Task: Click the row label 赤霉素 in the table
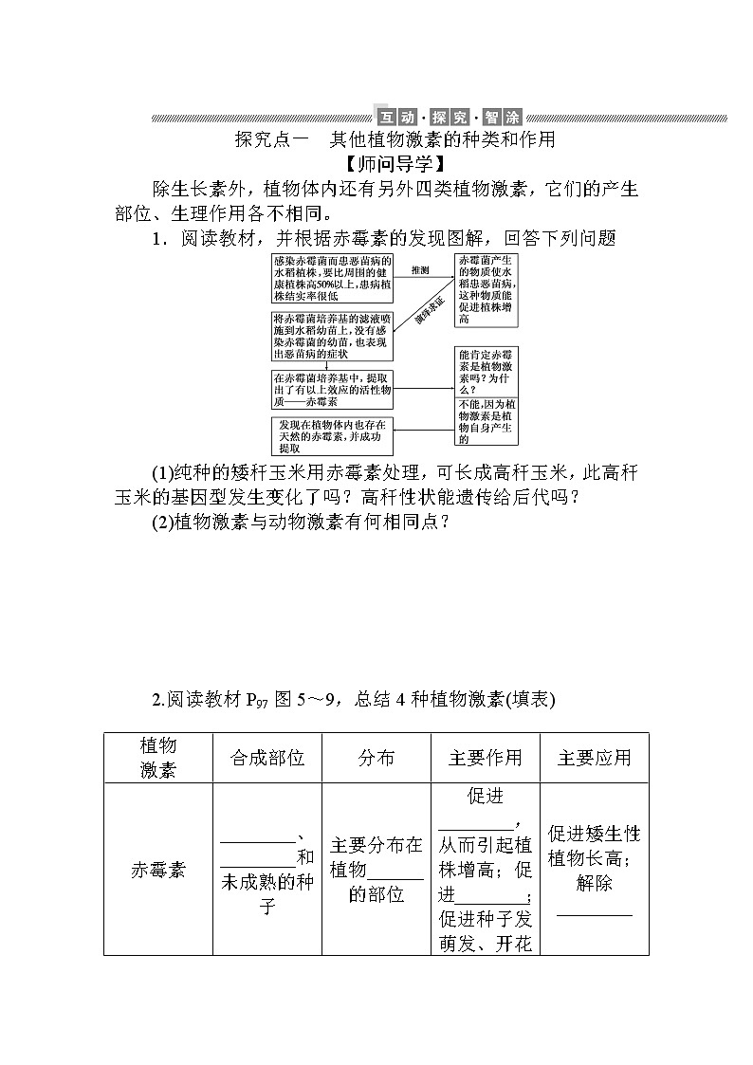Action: click(158, 870)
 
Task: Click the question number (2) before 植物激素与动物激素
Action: click(163, 521)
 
